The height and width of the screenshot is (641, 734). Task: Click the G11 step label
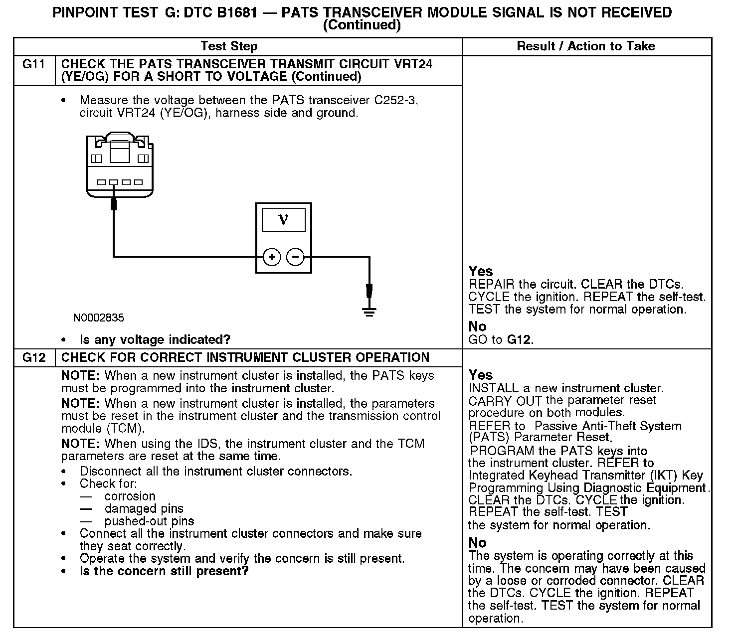[34, 64]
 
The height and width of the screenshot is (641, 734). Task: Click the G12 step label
[34, 358]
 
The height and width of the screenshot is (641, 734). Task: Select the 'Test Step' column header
[229, 46]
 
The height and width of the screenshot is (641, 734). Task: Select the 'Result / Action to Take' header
[585, 46]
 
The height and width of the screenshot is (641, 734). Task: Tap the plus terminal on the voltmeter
[272, 257]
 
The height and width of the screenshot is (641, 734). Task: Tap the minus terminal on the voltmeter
[296, 257]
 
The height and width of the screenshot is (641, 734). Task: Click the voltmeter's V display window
[283, 219]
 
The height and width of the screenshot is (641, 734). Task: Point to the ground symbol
[369, 312]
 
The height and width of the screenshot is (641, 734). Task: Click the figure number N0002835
[99, 318]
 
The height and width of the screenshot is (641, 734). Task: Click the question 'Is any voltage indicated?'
[155, 340]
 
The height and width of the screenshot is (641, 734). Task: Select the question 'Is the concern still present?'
[164, 571]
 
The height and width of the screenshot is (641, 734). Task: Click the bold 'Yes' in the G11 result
[481, 272]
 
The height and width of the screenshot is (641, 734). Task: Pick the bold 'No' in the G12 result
[477, 543]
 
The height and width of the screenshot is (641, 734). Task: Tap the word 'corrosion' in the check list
[130, 496]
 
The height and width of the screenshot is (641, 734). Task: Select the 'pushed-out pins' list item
[149, 521]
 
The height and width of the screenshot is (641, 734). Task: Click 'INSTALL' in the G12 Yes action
[493, 388]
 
